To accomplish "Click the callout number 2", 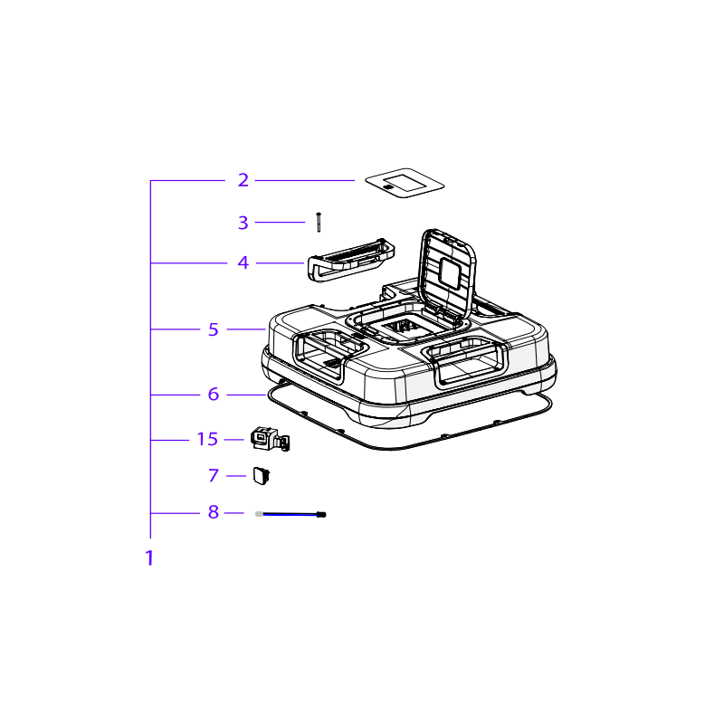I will point(243,180).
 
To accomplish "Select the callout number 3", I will point(243,222).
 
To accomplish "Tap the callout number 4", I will point(243,263).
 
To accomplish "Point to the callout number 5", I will point(214,329).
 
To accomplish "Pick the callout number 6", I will point(214,395).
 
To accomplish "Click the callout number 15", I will point(208,439).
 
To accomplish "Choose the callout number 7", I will point(214,475).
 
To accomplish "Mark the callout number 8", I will point(214,512).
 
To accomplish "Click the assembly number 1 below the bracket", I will point(149,558).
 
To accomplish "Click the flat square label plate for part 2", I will point(405,181).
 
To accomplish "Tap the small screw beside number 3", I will point(319,222).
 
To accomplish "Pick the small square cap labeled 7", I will point(262,474).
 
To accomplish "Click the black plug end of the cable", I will point(321,514).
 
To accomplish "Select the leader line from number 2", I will point(304,180).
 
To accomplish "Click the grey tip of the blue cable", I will point(260,514).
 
